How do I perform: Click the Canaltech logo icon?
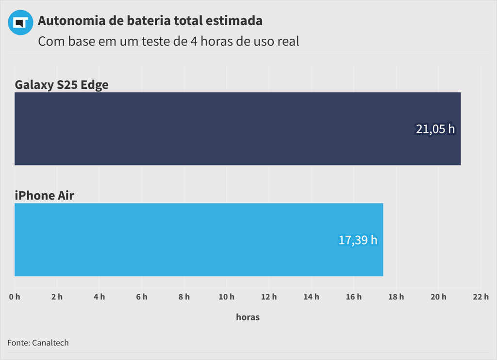point(20,22)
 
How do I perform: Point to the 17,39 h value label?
point(358,240)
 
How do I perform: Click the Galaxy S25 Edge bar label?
point(62,84)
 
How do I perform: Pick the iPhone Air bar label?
point(44,196)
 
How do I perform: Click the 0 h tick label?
point(15,297)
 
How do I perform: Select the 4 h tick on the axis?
point(99,297)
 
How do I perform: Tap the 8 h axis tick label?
point(184,297)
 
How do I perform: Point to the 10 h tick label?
point(226,297)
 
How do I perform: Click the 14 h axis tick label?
point(311,297)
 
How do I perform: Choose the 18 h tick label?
point(396,297)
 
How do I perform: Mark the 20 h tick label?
point(438,297)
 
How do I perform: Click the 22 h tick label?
point(480,297)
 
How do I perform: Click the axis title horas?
point(248,317)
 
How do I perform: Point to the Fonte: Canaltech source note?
point(38,343)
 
